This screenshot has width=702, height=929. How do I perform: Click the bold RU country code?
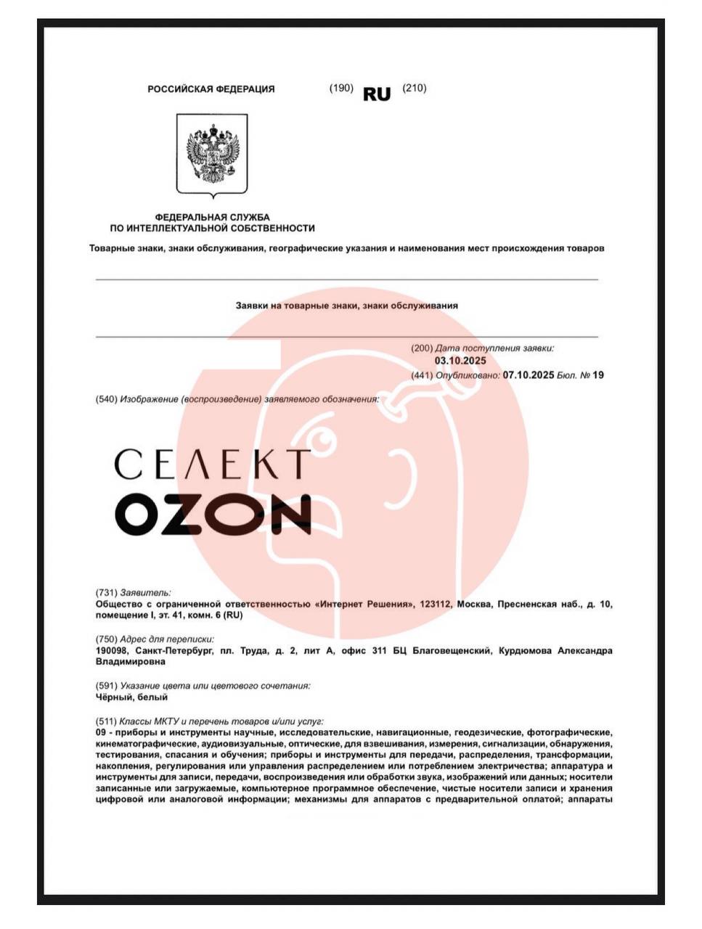tap(377, 94)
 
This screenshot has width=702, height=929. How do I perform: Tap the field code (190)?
tap(341, 88)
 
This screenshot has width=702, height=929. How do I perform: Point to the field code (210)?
tap(415, 88)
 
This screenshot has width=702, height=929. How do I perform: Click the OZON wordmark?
tap(213, 513)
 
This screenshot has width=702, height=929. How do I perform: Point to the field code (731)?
tap(106, 592)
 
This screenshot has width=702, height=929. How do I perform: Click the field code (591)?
tap(106, 685)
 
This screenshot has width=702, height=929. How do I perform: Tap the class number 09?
tap(101, 733)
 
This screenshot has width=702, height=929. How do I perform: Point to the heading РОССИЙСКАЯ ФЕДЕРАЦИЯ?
tap(211, 89)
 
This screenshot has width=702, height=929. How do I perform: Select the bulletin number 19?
tap(598, 375)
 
